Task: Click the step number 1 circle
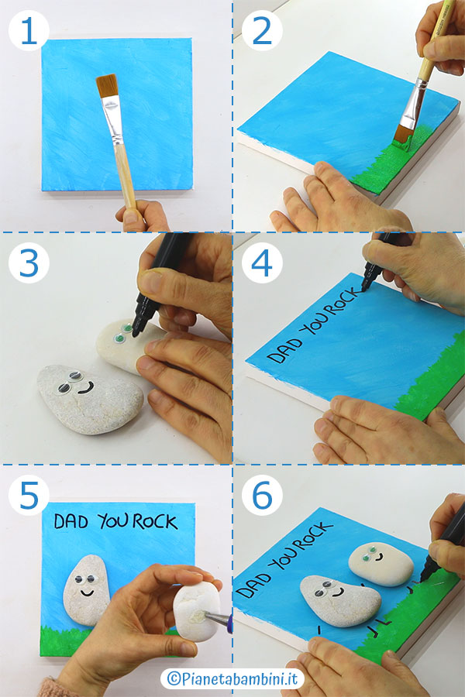click(x=29, y=30)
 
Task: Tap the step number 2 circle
click(x=262, y=30)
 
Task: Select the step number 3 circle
click(x=29, y=263)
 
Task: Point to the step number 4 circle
click(x=262, y=263)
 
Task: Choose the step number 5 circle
click(x=29, y=495)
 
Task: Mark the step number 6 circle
click(x=262, y=495)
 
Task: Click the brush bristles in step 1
click(x=107, y=86)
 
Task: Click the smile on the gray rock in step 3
click(x=85, y=389)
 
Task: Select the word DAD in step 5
click(x=71, y=521)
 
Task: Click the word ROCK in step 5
click(x=155, y=522)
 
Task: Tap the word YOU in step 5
click(x=114, y=521)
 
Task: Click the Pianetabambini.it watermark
click(x=232, y=678)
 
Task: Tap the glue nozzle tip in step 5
click(x=203, y=615)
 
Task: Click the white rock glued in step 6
click(x=381, y=563)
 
